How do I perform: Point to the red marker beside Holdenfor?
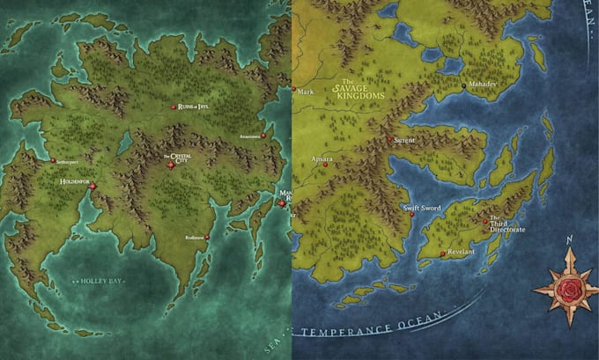tap(92, 186)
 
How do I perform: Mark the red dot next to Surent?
tap(390, 138)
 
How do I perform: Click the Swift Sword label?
tap(422, 208)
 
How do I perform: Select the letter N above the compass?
tap(570, 239)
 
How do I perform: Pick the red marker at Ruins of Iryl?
tap(174, 107)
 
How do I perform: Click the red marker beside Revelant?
tap(442, 255)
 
